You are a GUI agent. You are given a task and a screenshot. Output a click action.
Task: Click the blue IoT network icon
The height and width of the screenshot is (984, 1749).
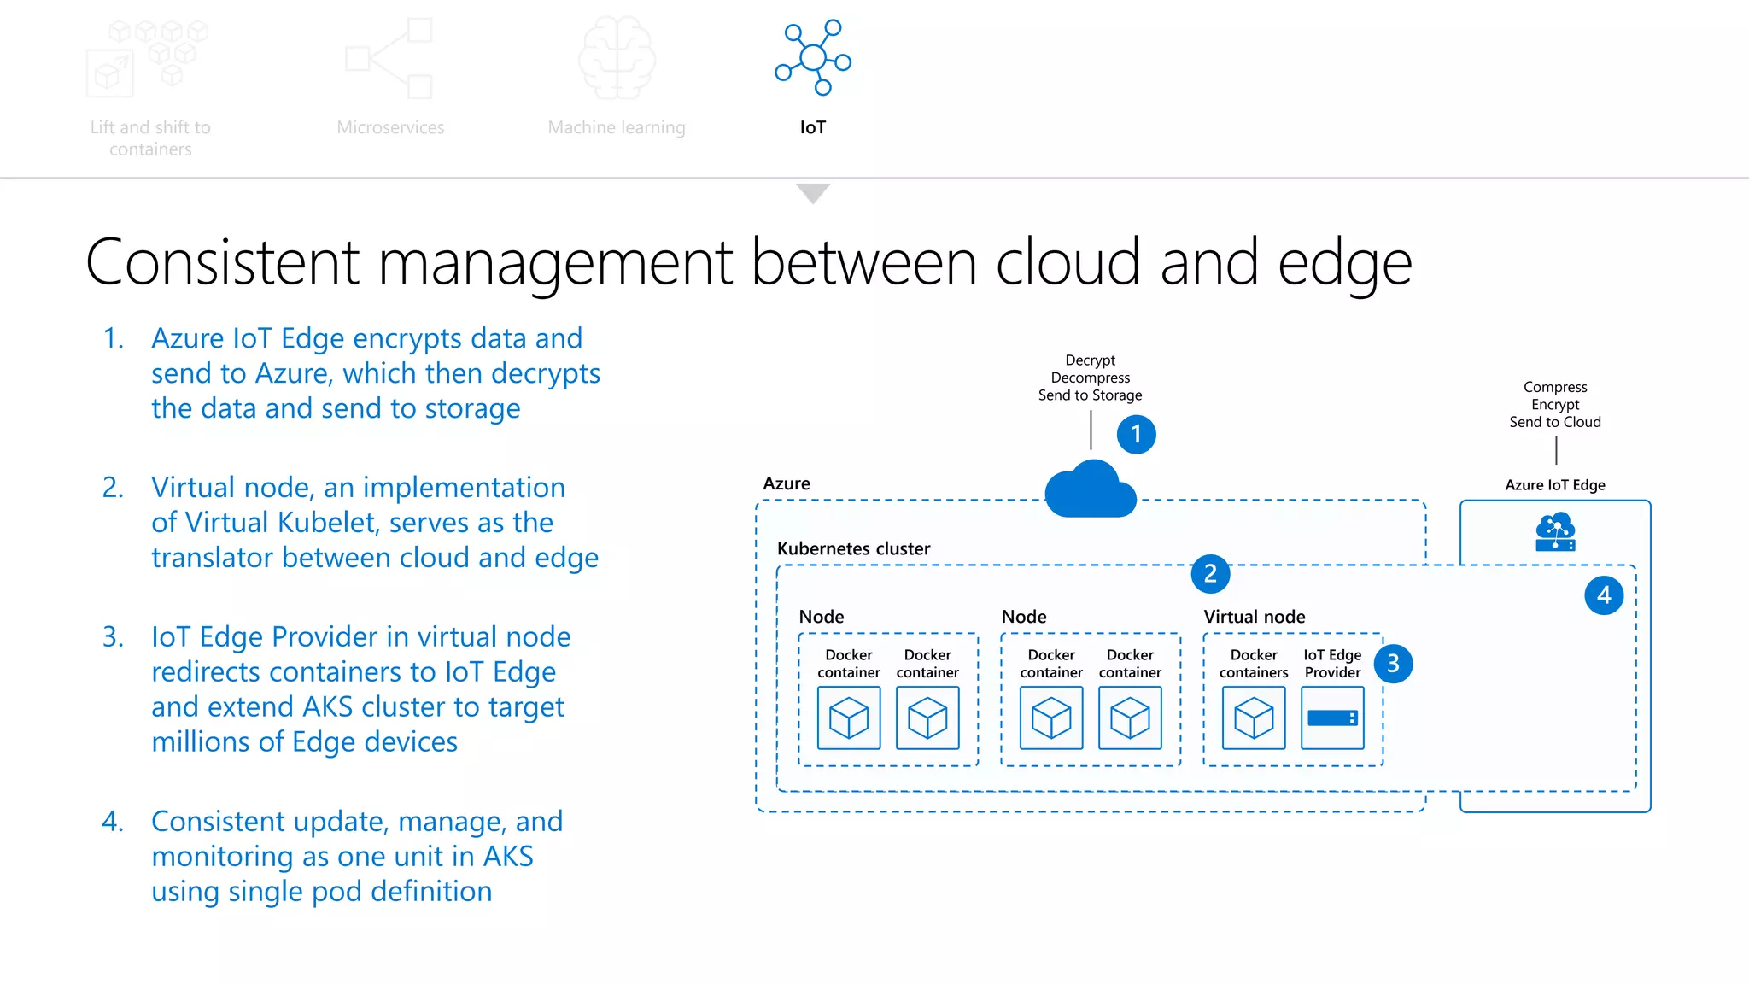[813, 57]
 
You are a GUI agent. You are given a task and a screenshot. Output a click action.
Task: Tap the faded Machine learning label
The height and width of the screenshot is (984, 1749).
[616, 127]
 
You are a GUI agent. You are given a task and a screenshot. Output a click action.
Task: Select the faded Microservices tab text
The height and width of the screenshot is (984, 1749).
[390, 127]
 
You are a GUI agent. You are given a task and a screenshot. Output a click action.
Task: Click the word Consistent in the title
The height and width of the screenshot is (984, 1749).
[223, 262]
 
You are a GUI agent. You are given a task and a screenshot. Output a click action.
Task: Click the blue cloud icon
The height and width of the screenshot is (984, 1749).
[1091, 491]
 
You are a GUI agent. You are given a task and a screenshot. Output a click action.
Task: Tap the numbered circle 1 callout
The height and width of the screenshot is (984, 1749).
[1136, 435]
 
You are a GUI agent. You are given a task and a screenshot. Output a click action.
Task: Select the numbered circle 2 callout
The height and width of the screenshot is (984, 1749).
[1210, 574]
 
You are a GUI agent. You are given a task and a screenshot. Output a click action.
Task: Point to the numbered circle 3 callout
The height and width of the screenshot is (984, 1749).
[1393, 664]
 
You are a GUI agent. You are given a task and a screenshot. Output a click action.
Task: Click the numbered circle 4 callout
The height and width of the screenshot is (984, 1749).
[1604, 595]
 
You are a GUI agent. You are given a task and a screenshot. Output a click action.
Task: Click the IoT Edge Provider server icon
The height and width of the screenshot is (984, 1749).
[1332, 718]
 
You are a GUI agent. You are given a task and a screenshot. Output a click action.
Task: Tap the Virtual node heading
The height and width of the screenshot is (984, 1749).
[1254, 617]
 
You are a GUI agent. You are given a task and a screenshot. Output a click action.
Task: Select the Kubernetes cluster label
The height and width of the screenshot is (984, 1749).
[853, 548]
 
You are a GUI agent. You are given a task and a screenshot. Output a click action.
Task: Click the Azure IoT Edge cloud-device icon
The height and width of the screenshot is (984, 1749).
[1555, 532]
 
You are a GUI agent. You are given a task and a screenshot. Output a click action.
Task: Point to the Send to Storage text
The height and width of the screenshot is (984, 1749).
[1090, 395]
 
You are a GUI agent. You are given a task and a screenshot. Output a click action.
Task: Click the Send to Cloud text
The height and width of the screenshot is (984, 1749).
[1554, 422]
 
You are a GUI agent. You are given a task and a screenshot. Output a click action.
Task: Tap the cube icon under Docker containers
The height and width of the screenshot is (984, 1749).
[1254, 718]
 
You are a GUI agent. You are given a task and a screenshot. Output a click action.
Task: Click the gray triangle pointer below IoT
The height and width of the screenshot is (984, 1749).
[813, 193]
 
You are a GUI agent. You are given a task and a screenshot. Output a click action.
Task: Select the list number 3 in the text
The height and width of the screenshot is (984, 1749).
[113, 637]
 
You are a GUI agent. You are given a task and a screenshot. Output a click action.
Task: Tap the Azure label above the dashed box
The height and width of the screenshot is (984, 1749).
[786, 483]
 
